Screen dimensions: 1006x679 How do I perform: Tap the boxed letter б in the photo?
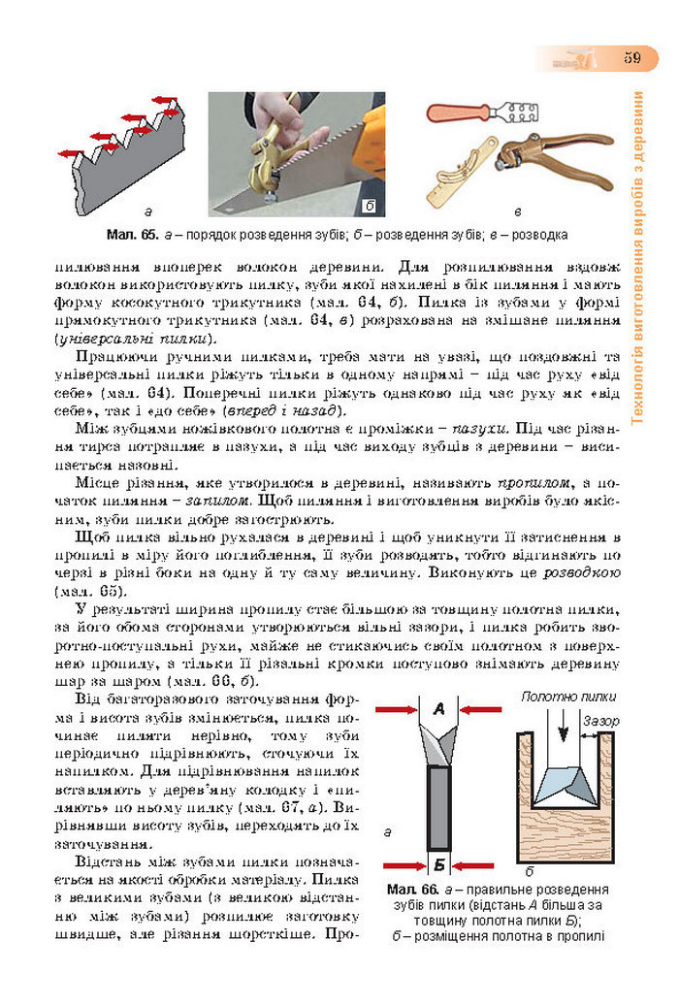tap(370, 206)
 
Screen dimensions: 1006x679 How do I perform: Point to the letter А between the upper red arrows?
tap(438, 711)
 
